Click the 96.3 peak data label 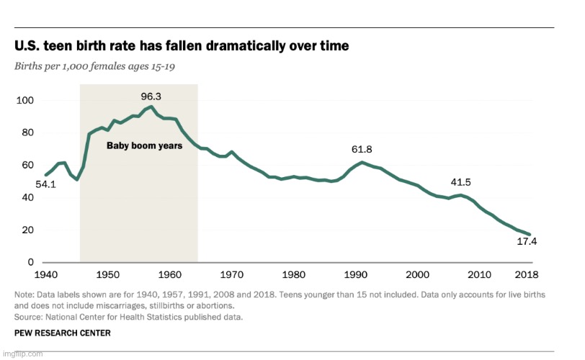point(151,96)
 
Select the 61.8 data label point(362,149)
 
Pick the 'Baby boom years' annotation point(145,145)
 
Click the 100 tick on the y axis point(26,100)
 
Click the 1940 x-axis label point(45,275)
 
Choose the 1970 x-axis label point(231,275)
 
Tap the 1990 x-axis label point(354,275)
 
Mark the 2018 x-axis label point(527,275)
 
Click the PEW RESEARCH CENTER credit point(63,333)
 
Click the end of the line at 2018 point(530,235)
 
